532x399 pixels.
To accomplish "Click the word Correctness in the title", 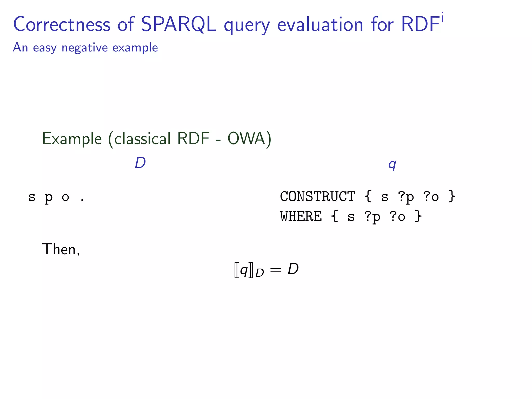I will (62, 24).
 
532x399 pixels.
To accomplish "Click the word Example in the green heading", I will (72, 139).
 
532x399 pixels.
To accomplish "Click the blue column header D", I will (140, 163).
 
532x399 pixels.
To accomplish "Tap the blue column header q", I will (392, 164).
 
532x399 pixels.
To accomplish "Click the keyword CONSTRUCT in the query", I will (317, 196).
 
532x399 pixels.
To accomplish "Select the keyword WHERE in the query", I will (301, 216).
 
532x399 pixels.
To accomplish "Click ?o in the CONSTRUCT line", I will (431, 197).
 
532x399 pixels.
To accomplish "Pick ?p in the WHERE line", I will (372, 217).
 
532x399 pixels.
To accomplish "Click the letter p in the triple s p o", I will (49, 198).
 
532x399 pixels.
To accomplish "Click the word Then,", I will (61, 249).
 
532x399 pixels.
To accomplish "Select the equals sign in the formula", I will (276, 270).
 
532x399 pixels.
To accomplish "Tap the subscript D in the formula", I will (260, 273).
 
